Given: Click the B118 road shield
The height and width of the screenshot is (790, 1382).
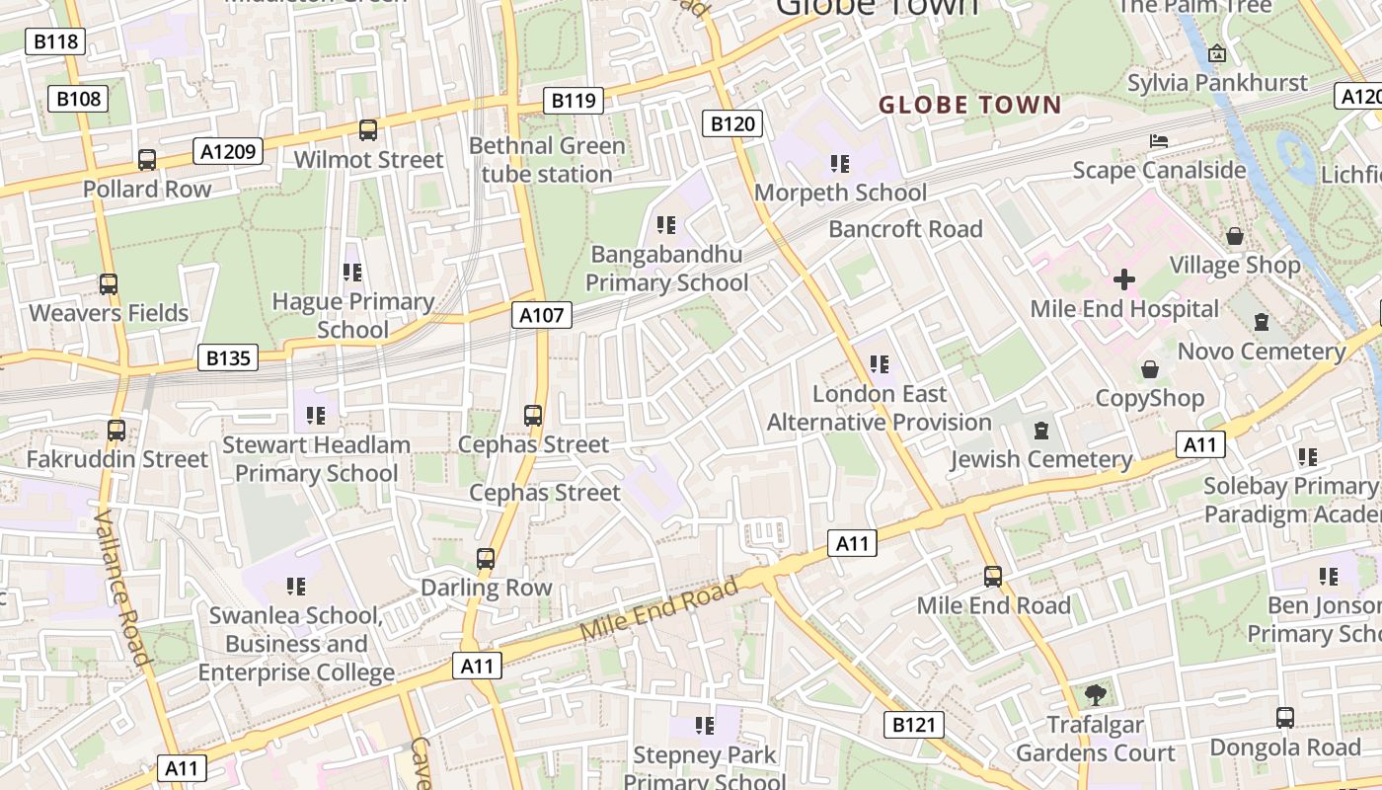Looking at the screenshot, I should (x=56, y=41).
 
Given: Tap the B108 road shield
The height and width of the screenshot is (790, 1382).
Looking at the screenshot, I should (x=78, y=99).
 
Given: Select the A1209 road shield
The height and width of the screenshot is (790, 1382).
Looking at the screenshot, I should (x=229, y=151).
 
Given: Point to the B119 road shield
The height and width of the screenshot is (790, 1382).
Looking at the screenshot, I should (x=574, y=100).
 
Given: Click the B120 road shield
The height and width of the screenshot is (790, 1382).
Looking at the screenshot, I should (x=732, y=123).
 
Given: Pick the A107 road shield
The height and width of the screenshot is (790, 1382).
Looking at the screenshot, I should (x=542, y=315).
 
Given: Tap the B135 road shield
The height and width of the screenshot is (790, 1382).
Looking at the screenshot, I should (x=228, y=357).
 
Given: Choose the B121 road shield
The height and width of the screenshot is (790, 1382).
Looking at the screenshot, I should (x=913, y=726).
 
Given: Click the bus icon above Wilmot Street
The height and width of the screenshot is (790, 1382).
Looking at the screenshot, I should (x=368, y=129).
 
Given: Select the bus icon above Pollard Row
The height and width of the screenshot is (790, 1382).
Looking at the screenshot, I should (x=147, y=159).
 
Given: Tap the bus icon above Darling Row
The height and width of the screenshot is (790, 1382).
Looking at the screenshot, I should (x=486, y=558).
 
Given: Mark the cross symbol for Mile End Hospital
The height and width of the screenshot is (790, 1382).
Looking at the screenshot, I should (x=1124, y=279).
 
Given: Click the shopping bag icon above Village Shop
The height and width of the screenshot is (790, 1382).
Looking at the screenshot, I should (x=1235, y=236).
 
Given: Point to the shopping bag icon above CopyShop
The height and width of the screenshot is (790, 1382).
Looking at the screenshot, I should (x=1150, y=369).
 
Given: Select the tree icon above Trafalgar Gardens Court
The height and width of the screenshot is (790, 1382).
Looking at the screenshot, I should (x=1095, y=694).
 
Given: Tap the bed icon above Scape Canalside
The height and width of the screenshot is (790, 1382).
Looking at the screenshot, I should (x=1159, y=141).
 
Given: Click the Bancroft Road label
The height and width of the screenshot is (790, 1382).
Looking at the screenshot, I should (x=905, y=229).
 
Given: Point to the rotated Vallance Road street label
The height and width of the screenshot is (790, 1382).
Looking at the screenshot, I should (x=123, y=589).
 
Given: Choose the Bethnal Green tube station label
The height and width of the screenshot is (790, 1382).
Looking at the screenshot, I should (x=547, y=160).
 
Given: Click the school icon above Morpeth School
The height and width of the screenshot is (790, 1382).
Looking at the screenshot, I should (x=840, y=163).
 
